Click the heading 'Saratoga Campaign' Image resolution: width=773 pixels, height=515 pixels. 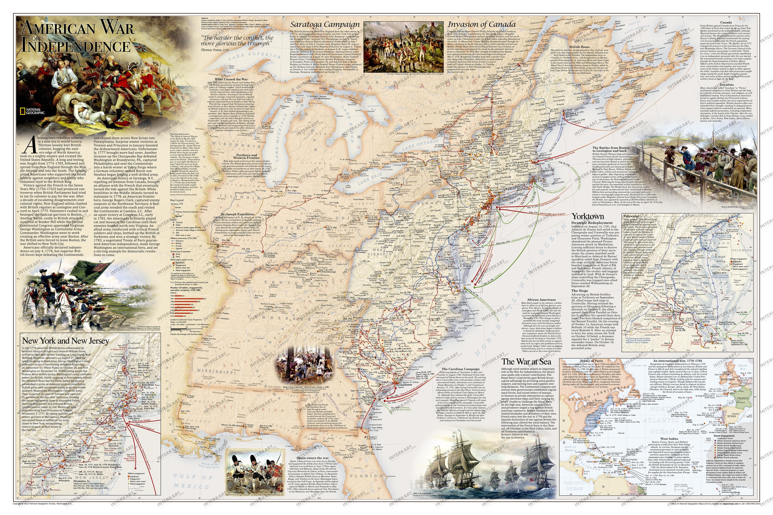[325, 25]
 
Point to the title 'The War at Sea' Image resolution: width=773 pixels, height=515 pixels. [526, 362]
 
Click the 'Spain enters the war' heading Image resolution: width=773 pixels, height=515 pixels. [312, 458]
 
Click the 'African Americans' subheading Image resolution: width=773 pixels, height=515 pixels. [541, 300]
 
